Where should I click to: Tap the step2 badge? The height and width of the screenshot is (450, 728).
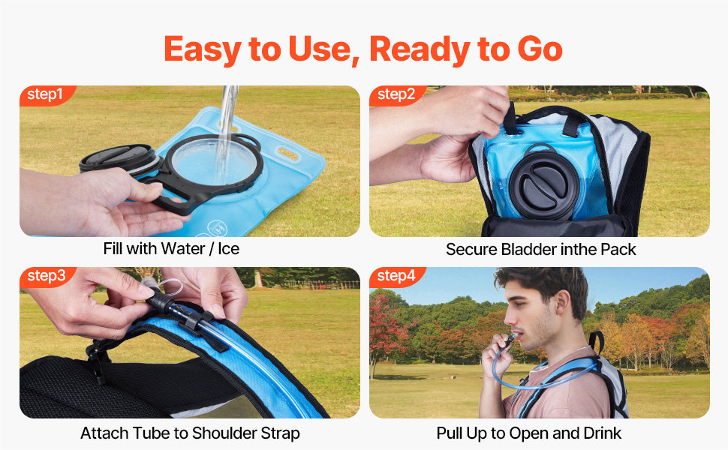(x=396, y=95)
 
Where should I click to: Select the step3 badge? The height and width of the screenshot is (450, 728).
(x=47, y=277)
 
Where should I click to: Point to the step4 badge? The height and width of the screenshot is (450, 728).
(x=396, y=277)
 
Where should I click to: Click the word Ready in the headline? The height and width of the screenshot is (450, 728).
(x=420, y=50)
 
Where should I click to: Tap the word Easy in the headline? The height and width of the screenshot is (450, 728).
(x=203, y=50)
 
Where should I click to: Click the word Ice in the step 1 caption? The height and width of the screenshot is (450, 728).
(x=228, y=249)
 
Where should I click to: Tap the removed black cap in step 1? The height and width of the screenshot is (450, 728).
(x=119, y=159)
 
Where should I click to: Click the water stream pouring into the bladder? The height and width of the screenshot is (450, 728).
(x=227, y=130)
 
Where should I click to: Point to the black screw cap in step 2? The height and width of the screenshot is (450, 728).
(x=543, y=184)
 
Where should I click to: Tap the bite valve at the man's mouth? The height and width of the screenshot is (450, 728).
(x=512, y=338)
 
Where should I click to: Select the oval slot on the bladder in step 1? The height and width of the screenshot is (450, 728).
(x=288, y=153)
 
